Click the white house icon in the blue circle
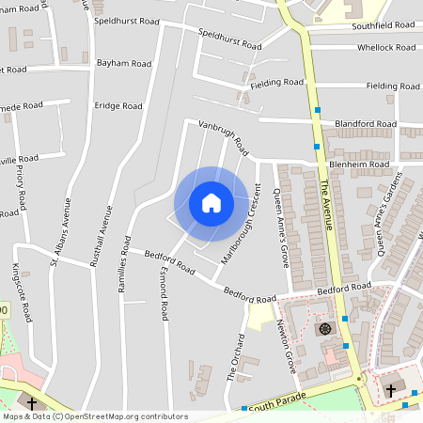coord(211,203)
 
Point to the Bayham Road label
coord(123,64)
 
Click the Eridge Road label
coord(117,106)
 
